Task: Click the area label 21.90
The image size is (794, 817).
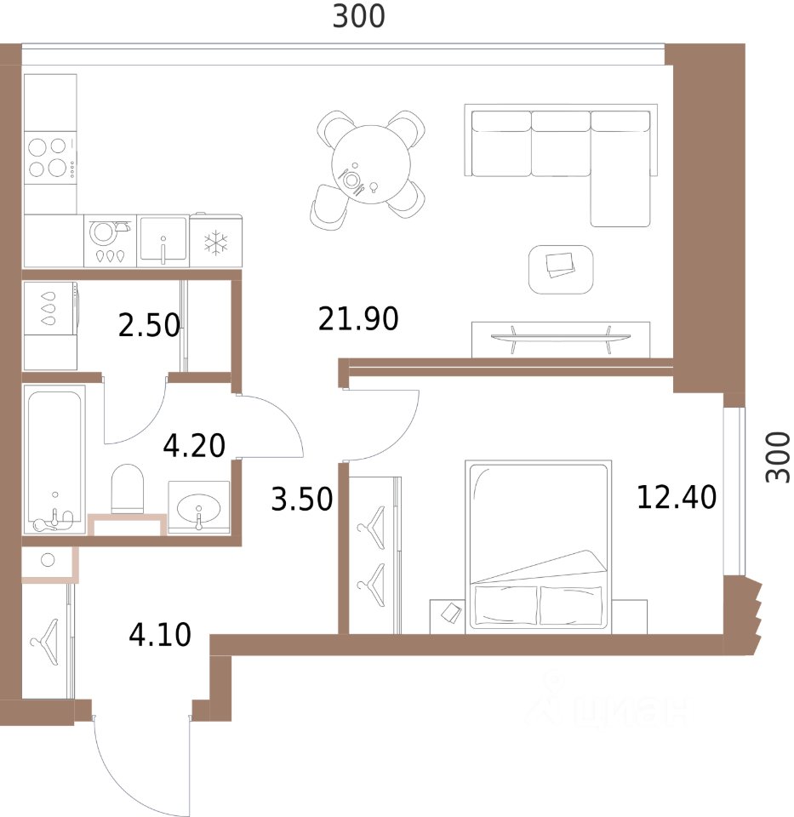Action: coord(358,319)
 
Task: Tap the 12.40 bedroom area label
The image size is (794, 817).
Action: coord(677,497)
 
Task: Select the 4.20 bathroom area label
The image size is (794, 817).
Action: coord(194,445)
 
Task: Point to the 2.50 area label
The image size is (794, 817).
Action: coord(149,325)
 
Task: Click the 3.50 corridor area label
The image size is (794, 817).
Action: coord(301,500)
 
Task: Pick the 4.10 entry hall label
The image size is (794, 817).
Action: coord(160,635)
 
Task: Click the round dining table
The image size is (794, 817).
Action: coord(371,164)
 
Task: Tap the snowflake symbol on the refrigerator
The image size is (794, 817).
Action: coord(215,243)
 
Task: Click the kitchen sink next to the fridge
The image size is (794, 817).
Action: coord(163,241)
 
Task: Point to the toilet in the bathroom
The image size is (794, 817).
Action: coord(127,488)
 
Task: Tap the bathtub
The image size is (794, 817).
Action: coord(54,460)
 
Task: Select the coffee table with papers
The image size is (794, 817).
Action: coord(561,270)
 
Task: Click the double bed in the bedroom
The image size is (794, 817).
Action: coord(538,546)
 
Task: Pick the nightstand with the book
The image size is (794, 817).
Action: coord(447,616)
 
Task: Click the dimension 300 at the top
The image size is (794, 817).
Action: coord(359,16)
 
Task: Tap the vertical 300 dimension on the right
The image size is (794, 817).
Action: coord(778,458)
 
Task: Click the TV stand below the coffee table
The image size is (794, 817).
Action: coord(561,340)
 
